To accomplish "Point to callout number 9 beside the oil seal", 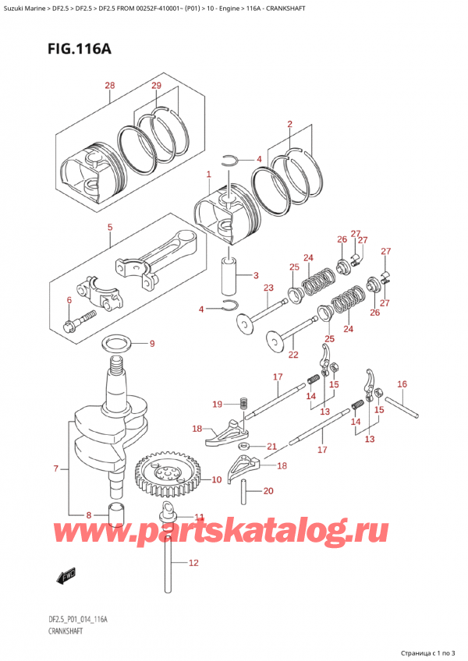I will point(152,344).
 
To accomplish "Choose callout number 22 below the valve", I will point(293,355).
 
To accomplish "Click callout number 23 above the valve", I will point(268,288).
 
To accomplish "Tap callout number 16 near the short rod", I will point(402,384).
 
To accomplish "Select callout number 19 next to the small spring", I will point(217,404).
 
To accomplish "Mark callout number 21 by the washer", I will point(271,447).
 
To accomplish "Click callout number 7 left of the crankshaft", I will point(55,468).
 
